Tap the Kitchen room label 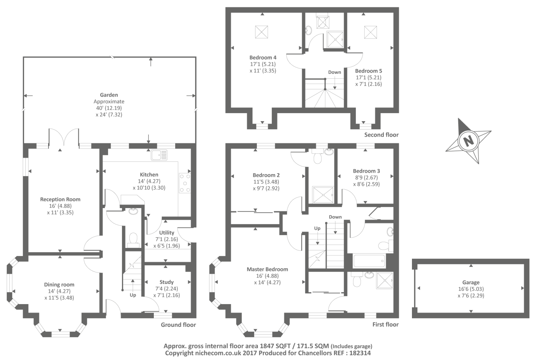pos(149,175)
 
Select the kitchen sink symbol pos(159,155)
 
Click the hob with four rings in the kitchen pos(185,183)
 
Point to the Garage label pos(471,282)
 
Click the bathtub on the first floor pos(369,261)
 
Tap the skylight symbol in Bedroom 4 pos(261,32)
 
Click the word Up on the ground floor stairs pos(133,295)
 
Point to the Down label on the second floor pos(334,72)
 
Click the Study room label pos(166,282)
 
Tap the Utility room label pos(167,233)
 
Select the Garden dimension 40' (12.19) pos(109,108)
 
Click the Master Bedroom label pos(267,269)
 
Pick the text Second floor pos(381,135)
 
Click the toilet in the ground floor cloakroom pos(133,239)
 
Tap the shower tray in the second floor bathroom pos(335,39)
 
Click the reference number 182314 pos(360,353)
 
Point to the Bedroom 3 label pos(366,171)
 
